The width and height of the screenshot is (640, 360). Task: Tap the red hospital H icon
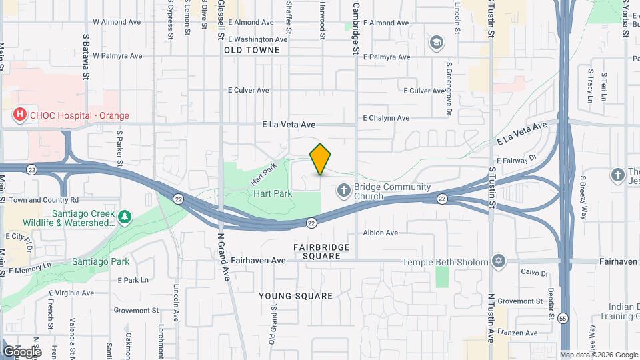pyautogui.click(x=20, y=115)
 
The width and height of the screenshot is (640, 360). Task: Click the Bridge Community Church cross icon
pyautogui.click(x=344, y=191)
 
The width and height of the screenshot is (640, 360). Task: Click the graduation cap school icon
pyautogui.click(x=437, y=43)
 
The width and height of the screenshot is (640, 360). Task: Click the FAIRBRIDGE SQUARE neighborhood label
pyautogui.click(x=321, y=251)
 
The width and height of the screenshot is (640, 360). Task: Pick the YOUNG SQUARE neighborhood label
pyautogui.click(x=295, y=296)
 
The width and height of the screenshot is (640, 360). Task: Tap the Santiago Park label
pyautogui.click(x=101, y=262)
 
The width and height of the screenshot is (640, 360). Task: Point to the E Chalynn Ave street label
pyautogui.click(x=386, y=118)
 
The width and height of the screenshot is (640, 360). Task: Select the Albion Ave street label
pyautogui.click(x=380, y=233)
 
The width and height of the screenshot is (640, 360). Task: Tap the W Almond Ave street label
pyautogui.click(x=117, y=22)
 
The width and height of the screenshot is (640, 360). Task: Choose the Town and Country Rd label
pyautogui.click(x=44, y=200)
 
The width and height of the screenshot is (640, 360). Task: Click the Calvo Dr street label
pyautogui.click(x=534, y=273)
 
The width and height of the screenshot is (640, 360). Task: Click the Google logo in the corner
pyautogui.click(x=22, y=351)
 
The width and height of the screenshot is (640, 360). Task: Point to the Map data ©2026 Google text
pyautogui.click(x=598, y=355)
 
